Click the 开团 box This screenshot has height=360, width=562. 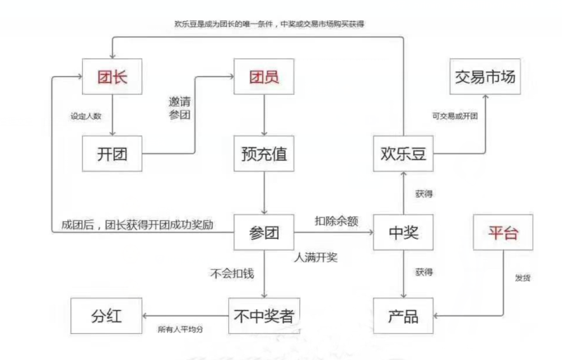point(112,154)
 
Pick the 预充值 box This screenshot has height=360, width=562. point(263,154)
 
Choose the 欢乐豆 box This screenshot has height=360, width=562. point(403,154)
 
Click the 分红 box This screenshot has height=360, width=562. point(106,316)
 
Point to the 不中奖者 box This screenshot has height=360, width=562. point(263,316)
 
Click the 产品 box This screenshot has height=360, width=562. point(403,316)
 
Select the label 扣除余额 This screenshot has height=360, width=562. point(336,221)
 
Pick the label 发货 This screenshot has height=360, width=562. point(522,278)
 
